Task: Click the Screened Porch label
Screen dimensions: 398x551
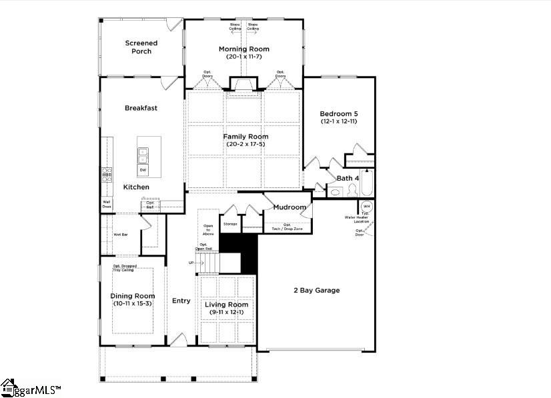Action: tap(141, 47)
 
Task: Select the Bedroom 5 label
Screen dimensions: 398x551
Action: tap(340, 113)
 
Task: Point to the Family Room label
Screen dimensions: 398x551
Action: tap(245, 136)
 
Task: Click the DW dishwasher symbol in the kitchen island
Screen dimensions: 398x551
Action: tap(143, 170)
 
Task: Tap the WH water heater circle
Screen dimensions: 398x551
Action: tap(366, 207)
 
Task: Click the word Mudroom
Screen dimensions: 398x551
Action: tap(290, 207)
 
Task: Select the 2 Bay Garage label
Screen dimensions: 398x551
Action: tap(317, 290)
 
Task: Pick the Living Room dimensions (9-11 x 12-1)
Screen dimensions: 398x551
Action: tap(226, 313)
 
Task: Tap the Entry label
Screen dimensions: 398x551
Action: tap(181, 301)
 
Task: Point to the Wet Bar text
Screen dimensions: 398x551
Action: tap(120, 235)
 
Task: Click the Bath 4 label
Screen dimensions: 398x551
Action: tap(347, 178)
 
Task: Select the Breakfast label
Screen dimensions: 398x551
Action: tap(141, 107)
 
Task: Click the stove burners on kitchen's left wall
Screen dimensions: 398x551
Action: tap(106, 175)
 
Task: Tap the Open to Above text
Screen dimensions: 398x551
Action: tap(208, 229)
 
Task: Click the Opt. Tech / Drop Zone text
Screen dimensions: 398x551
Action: tap(287, 227)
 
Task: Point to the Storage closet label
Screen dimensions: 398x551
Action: tap(230, 224)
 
